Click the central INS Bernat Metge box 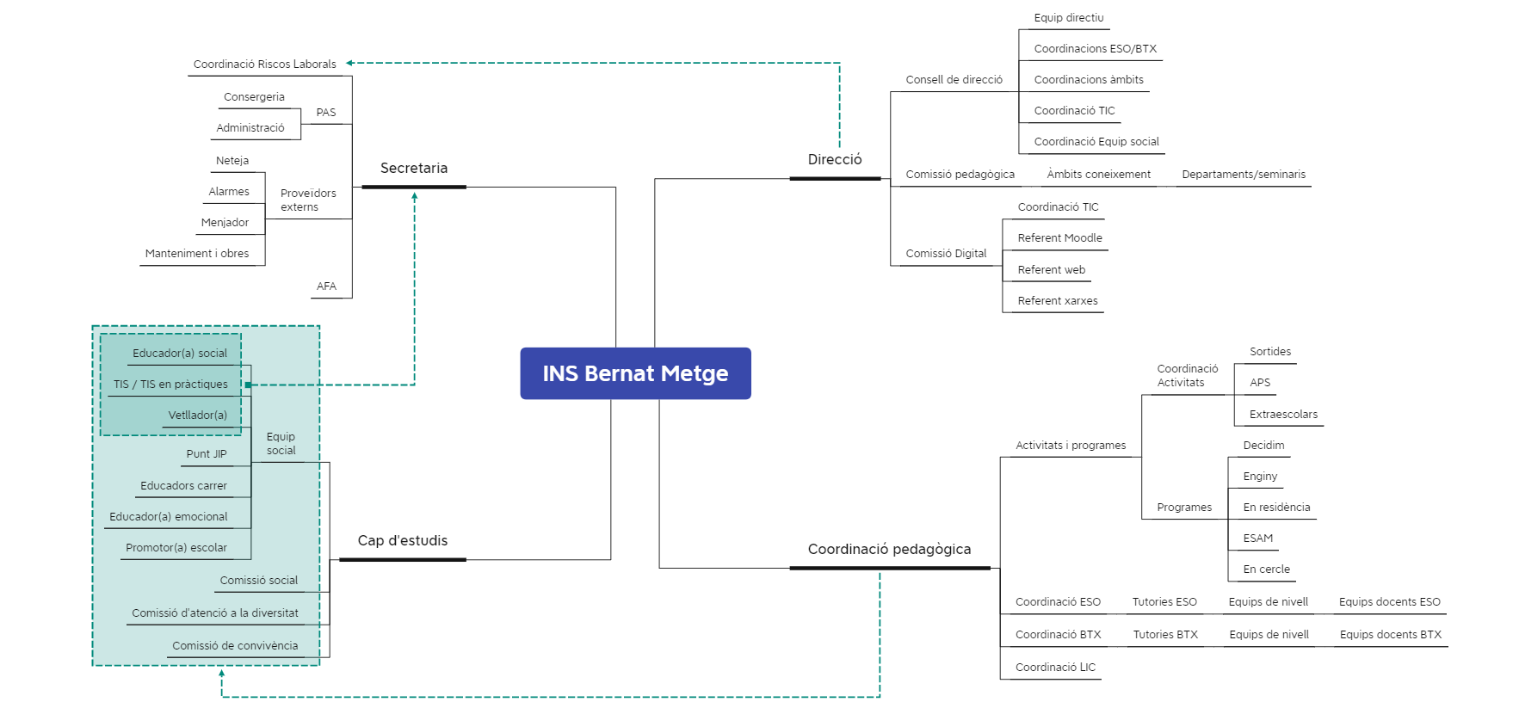click(x=635, y=373)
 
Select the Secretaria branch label click(x=414, y=169)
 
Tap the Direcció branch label click(x=835, y=160)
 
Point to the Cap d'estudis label click(x=403, y=541)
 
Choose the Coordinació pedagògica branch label click(x=889, y=550)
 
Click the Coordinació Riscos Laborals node click(x=264, y=65)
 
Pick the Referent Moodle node click(x=1059, y=238)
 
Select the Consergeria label click(x=254, y=97)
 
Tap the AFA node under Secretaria click(x=326, y=286)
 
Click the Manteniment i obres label click(x=197, y=254)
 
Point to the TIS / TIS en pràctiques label click(x=170, y=385)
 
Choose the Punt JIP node click(x=207, y=454)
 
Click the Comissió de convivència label click(x=235, y=646)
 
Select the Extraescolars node click(x=1283, y=415)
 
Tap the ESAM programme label click(x=1257, y=539)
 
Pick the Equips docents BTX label click(x=1390, y=635)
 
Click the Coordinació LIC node click(x=1055, y=668)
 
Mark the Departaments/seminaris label click(x=1244, y=175)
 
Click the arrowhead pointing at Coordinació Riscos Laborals click(x=349, y=64)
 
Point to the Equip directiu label click(x=1068, y=18)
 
